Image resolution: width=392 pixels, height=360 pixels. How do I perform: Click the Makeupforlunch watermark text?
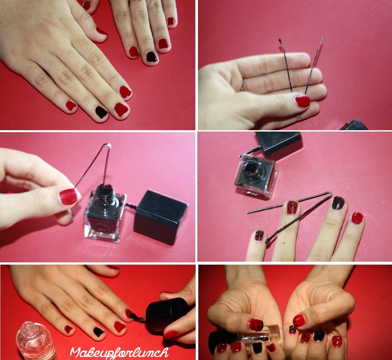click(119, 352)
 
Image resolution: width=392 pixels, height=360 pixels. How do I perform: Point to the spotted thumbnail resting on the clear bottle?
click(256, 325)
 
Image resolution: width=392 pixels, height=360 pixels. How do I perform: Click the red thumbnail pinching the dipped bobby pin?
click(68, 197)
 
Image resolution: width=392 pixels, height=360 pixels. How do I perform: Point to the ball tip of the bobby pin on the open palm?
click(280, 40)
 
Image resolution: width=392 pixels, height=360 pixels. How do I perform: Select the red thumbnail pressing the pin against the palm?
click(302, 101)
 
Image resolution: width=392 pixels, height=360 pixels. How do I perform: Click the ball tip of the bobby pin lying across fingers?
click(267, 242)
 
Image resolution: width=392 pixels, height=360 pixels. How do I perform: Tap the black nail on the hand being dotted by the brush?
click(99, 332)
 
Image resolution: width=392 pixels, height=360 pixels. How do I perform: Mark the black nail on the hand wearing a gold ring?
click(152, 57)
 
